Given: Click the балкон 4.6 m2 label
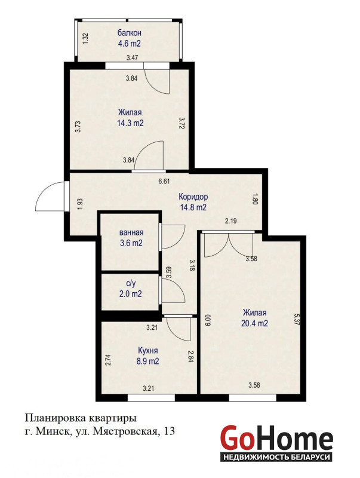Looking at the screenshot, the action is [x=130, y=38].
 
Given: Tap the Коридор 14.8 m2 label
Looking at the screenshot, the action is [x=193, y=202].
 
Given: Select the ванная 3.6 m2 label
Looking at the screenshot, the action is [x=131, y=238].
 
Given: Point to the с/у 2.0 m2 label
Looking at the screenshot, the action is [x=131, y=289].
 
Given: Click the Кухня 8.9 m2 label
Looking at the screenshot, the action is [x=147, y=356].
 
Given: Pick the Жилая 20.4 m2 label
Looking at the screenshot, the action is [x=254, y=318].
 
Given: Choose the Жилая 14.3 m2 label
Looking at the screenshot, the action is [x=130, y=118].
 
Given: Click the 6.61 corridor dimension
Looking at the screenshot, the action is [x=164, y=182].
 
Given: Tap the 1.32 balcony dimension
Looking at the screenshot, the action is [x=85, y=39].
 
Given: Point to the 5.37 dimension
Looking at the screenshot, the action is [x=297, y=320].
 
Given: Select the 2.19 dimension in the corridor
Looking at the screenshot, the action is [x=231, y=221].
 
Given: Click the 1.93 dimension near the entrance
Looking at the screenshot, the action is [x=80, y=204].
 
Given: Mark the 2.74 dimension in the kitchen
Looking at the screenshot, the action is [x=107, y=360].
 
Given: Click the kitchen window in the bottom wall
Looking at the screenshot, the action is [x=151, y=398].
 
